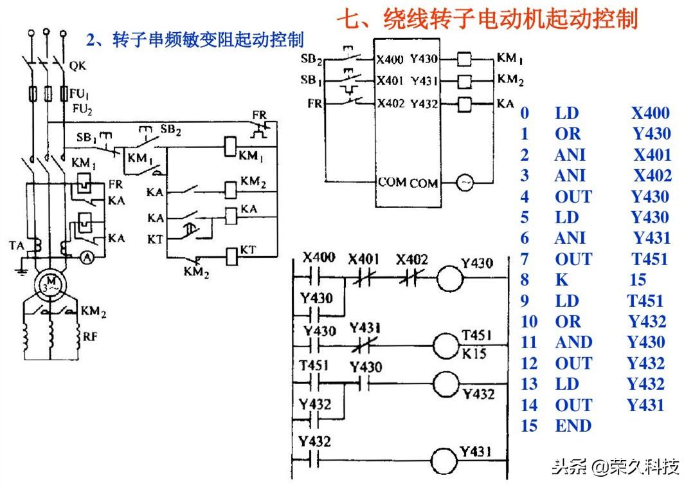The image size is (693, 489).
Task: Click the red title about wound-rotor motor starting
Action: (487, 19)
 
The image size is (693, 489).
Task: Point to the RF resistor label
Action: (89, 336)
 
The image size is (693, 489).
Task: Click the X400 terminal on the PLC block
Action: (390, 60)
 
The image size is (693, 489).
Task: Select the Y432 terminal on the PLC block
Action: (424, 103)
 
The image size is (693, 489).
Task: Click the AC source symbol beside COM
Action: (465, 183)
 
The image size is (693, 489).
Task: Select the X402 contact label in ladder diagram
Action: (412, 259)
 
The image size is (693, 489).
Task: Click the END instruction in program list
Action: (573, 426)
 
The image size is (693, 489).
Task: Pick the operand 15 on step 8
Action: (638, 280)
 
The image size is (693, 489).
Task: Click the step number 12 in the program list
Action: (529, 364)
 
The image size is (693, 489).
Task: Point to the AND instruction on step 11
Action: (573, 342)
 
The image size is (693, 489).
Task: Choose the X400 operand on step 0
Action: (650, 113)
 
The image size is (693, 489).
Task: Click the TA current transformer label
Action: (17, 245)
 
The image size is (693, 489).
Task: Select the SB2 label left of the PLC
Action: (312, 60)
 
